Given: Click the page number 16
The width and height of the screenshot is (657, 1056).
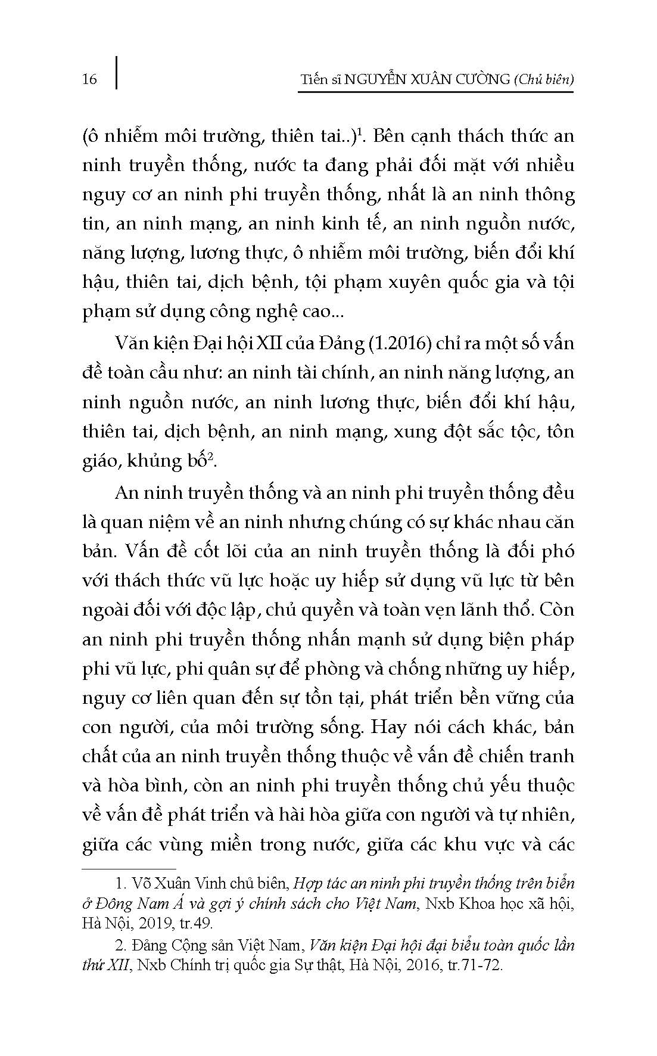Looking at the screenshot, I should (x=89, y=79).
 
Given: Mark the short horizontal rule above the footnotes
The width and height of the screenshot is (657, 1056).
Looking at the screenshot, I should (x=129, y=869).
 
